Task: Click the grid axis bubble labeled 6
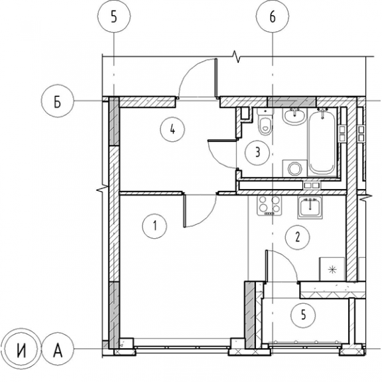coord(273,17)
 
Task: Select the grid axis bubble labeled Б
coord(57,101)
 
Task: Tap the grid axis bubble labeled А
coord(58,349)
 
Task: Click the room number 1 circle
coord(155,226)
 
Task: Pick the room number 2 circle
coord(298,237)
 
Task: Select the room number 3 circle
coord(257,153)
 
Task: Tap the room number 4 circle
coord(172,130)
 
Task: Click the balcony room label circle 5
coord(303,315)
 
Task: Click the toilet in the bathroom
coord(265,121)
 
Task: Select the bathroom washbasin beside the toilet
coord(294,116)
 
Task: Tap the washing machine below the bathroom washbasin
coord(294,168)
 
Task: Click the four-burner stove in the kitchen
coord(269,206)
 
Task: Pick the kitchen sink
coord(310,207)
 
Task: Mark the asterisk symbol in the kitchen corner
coord(332,269)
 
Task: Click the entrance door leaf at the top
coord(216,78)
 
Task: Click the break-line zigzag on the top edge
coord(237,56)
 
